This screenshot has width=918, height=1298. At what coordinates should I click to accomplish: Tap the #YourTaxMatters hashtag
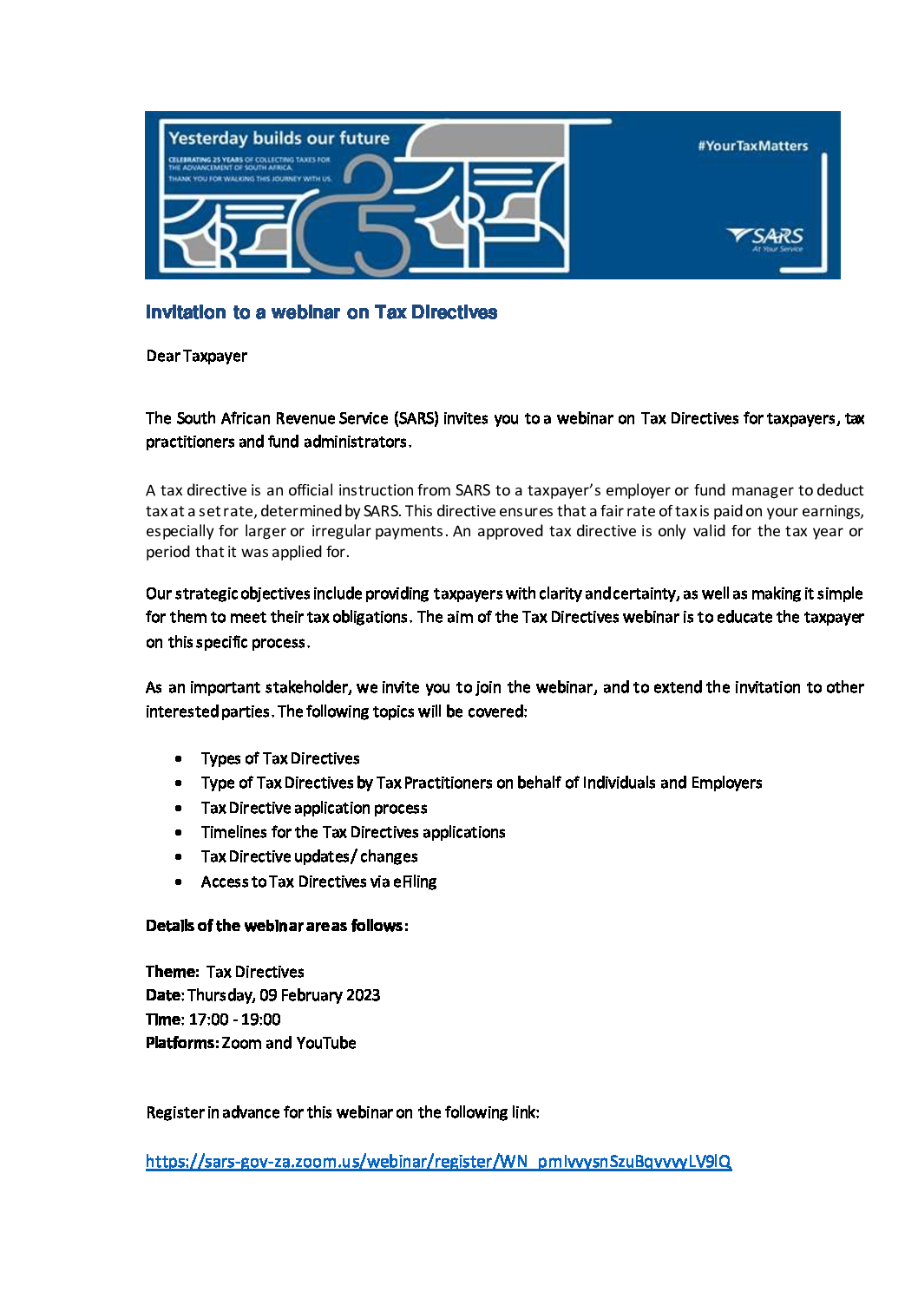[752, 146]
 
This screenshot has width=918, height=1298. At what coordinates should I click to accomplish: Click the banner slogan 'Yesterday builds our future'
[279, 138]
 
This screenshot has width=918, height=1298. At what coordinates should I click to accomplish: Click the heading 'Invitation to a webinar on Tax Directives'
[321, 312]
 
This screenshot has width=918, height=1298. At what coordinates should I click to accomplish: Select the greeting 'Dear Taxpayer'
[197, 356]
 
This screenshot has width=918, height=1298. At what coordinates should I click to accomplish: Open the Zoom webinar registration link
[438, 1161]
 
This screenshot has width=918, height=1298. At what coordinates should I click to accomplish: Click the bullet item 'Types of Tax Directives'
[280, 758]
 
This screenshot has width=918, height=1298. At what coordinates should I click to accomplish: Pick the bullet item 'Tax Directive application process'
[314, 808]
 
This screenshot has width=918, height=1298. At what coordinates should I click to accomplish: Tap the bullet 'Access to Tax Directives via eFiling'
[318, 882]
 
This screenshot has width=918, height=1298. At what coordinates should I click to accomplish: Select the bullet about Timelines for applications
[353, 832]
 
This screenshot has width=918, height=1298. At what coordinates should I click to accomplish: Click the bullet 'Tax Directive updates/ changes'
[309, 856]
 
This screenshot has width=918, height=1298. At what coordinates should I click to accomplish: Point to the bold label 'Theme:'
[173, 972]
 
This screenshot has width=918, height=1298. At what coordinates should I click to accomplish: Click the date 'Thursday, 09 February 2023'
[284, 995]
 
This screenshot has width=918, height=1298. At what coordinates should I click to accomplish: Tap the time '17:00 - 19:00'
[234, 1019]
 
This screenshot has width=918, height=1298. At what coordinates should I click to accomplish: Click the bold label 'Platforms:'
[182, 1043]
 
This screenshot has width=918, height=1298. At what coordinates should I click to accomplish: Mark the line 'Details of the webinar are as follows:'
[277, 926]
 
